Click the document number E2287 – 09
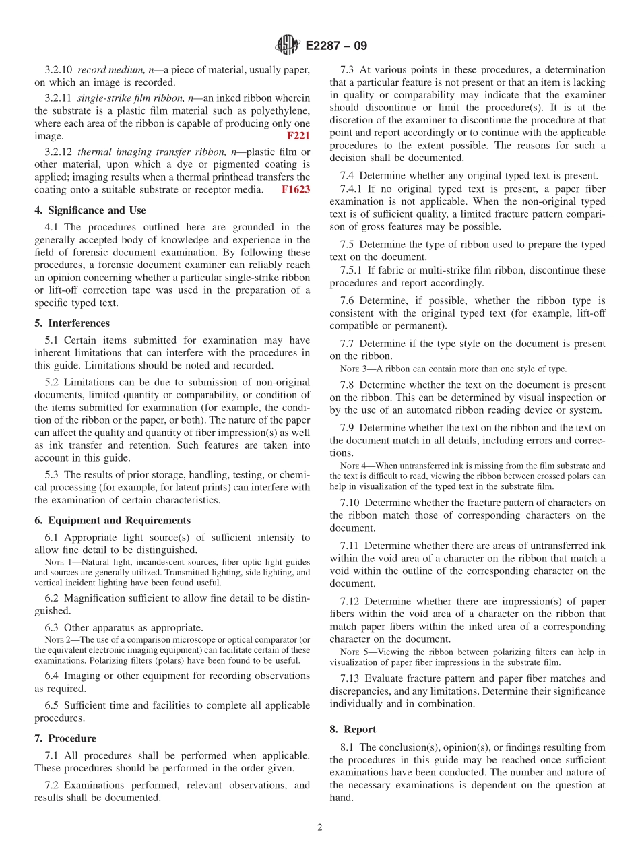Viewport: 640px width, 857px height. click(x=336, y=46)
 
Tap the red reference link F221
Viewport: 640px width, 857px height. click(x=298, y=136)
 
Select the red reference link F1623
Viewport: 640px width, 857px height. click(x=296, y=190)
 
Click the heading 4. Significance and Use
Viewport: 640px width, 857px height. click(x=90, y=210)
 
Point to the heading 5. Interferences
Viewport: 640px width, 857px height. click(x=72, y=323)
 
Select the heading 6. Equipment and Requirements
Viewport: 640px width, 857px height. click(x=113, y=521)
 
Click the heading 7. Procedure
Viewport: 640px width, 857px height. click(x=65, y=738)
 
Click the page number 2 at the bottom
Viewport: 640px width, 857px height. click(x=320, y=828)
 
